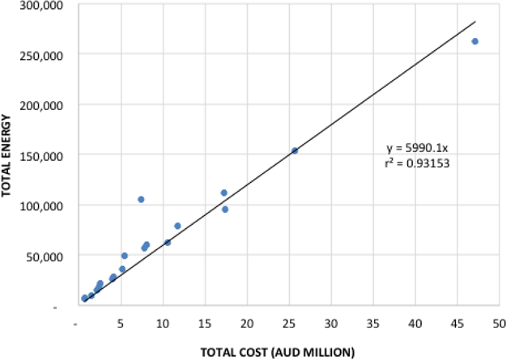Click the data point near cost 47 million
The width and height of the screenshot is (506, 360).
tap(475, 41)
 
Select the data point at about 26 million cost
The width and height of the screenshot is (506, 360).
tap(295, 150)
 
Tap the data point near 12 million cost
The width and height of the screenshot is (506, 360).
tap(177, 226)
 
